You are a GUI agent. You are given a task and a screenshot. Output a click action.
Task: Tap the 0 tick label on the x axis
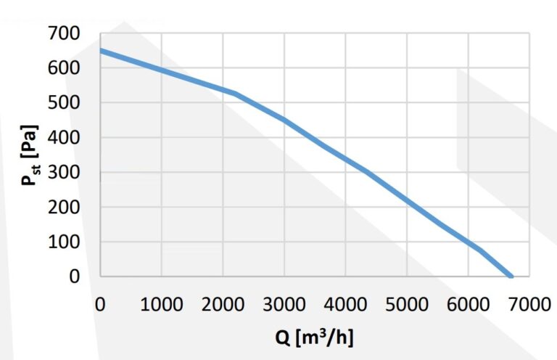tap(100, 303)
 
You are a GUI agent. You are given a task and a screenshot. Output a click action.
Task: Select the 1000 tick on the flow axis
tap(161, 303)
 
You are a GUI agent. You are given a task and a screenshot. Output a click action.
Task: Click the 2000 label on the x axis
tap(223, 303)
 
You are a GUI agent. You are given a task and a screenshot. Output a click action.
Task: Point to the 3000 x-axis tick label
tap(284, 303)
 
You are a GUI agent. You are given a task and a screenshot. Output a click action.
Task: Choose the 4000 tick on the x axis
tap(345, 303)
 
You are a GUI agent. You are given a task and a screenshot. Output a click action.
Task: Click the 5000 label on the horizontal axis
tap(406, 303)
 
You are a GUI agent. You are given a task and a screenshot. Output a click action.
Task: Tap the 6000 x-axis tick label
tap(468, 303)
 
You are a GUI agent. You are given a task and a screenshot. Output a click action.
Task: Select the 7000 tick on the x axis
tap(529, 303)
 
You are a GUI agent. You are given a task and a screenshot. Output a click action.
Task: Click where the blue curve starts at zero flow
tap(101, 50)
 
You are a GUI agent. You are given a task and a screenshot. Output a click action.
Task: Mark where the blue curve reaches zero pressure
tap(511, 276)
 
